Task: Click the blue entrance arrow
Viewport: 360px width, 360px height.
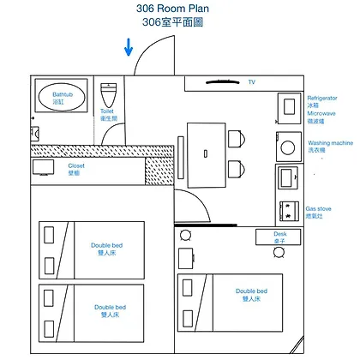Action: (x=129, y=47)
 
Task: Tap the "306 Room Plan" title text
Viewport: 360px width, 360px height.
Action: (x=172, y=9)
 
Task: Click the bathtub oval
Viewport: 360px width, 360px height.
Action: (x=62, y=96)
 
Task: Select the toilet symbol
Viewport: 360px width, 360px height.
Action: (x=109, y=95)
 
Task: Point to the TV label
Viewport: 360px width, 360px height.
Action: (x=252, y=82)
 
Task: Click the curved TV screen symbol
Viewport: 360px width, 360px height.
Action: (x=223, y=82)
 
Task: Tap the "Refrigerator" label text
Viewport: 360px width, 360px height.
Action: (x=322, y=98)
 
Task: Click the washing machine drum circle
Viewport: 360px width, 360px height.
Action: (x=288, y=147)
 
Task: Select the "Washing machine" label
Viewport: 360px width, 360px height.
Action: (x=331, y=143)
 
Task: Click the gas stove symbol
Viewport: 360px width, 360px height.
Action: (x=289, y=211)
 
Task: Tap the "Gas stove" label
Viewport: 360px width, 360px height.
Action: (x=319, y=209)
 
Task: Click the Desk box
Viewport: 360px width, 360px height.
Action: (x=279, y=237)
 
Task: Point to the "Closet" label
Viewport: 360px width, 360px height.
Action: (x=76, y=165)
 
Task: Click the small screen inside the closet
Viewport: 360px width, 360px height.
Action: (x=43, y=167)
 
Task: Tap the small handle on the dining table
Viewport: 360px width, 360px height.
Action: (x=206, y=153)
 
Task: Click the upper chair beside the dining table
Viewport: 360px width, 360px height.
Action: (x=237, y=139)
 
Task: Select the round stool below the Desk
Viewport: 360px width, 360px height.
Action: (x=279, y=252)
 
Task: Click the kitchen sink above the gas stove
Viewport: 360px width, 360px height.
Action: (x=288, y=178)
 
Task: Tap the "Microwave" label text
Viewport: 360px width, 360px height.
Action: (x=321, y=113)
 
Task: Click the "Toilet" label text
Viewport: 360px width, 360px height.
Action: (x=107, y=111)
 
